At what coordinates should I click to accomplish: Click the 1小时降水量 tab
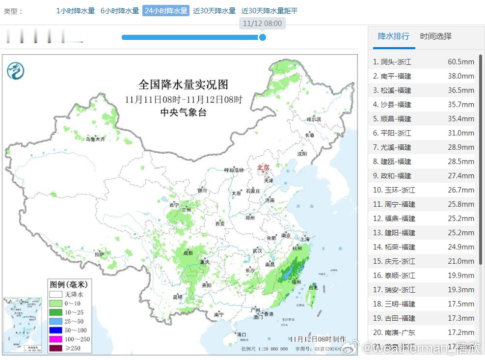tap(76, 11)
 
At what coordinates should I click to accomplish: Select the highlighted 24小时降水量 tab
tap(166, 11)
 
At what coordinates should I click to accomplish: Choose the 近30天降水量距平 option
tap(269, 11)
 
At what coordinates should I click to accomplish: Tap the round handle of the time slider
tap(263, 37)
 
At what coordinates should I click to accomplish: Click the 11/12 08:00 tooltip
tap(263, 23)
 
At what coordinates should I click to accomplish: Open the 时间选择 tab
tap(435, 36)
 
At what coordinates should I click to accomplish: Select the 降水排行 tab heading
tap(393, 36)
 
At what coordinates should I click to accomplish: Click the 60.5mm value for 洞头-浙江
tap(460, 62)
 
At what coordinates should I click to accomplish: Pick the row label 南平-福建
tap(396, 76)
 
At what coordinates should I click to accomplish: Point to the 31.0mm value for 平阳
tap(460, 133)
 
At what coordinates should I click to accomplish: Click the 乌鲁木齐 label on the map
tap(96, 139)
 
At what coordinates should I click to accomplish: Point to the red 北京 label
tap(263, 168)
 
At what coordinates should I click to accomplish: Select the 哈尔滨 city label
tap(313, 119)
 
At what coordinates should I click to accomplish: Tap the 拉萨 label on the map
tap(100, 254)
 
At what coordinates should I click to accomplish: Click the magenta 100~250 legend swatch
tap(55, 339)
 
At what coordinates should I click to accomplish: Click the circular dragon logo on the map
tap(15, 72)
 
